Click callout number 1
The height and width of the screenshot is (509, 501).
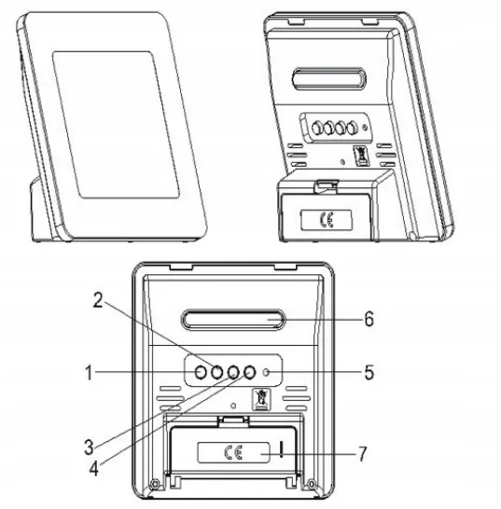pos(89,372)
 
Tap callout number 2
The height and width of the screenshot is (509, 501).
pos(98,300)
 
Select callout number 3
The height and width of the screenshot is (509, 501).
pos(89,447)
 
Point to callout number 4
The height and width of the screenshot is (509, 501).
pos(94,469)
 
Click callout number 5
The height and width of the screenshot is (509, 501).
pos(369,372)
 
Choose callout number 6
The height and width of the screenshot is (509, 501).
pos(369,319)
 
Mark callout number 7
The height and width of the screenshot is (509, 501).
pos(363,453)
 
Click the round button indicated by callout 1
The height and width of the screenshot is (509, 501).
pos(201,372)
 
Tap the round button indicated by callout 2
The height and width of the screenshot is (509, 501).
pos(216,372)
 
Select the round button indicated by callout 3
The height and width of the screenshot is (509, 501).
pos(232,372)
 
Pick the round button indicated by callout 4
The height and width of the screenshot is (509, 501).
pos(249,372)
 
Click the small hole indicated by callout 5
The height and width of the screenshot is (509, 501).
pos(267,372)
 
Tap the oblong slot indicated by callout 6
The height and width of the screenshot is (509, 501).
pos(232,320)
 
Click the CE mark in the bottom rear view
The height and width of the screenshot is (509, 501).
pos(233,452)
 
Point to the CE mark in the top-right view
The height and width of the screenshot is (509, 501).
pos(327,220)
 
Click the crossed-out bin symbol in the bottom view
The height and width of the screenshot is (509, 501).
pos(261,399)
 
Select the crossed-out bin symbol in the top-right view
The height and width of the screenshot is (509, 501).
pos(361,156)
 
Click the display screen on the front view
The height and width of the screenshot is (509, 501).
pos(116,125)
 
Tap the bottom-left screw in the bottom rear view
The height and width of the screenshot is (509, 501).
pos(154,484)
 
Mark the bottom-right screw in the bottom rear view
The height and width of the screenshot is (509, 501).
pos(311,484)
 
